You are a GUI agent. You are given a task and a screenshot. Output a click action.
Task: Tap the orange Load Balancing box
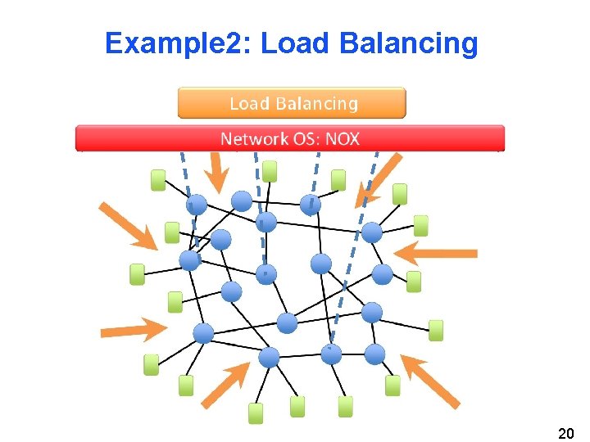click(x=292, y=104)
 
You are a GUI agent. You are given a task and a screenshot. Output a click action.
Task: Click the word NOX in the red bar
click(x=343, y=138)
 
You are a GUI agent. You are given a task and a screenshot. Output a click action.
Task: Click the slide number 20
click(x=565, y=431)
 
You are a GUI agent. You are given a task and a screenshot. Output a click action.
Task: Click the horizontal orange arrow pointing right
click(x=132, y=329)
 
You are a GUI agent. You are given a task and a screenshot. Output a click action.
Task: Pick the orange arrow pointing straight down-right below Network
click(x=216, y=174)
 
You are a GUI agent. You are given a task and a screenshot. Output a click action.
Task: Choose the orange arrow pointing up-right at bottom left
click(x=225, y=384)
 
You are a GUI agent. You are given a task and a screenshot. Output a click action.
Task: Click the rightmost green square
click(x=436, y=330)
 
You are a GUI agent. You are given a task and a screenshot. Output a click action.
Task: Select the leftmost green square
click(x=137, y=274)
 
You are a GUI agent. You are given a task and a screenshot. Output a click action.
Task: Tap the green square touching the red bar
click(x=269, y=171)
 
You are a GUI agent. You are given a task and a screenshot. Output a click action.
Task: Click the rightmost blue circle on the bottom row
click(x=374, y=354)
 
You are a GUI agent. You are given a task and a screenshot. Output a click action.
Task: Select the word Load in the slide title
click(x=294, y=43)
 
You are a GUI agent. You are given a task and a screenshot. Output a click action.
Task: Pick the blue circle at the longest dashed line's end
click(x=331, y=354)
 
